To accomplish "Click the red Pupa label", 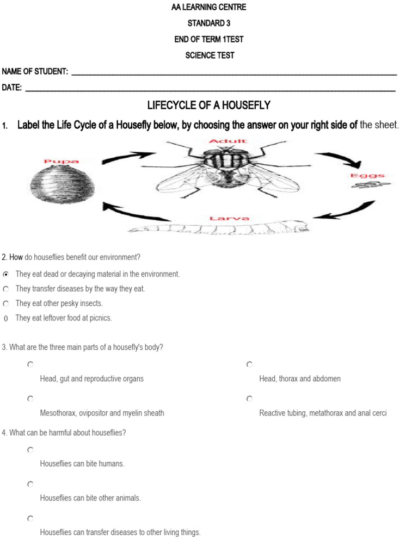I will (61, 161).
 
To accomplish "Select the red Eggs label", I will (367, 176).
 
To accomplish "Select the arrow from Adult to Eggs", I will (340, 159).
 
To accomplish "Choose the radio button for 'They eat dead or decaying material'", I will (6, 274).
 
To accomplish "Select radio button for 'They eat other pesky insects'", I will (6, 304).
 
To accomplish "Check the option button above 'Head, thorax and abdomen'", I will (249, 364).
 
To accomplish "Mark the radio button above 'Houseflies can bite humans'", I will (30, 450).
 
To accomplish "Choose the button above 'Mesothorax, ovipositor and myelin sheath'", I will (30, 399).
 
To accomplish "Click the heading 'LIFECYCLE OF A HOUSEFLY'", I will (209, 106).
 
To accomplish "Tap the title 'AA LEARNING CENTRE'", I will (209, 8).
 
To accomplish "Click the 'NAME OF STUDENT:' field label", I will (35, 72).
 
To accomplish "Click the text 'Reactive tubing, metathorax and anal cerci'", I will (323, 413).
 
